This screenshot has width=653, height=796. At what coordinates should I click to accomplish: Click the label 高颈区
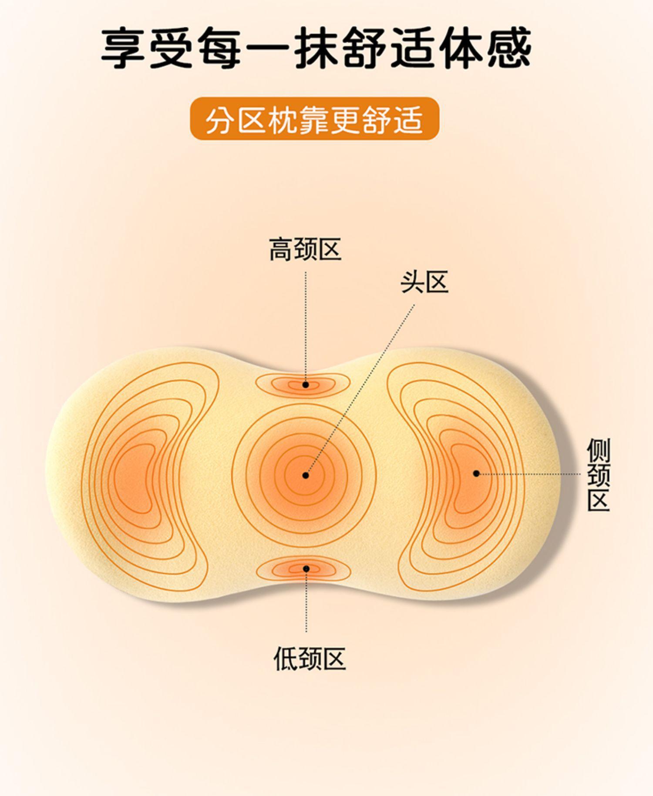305,249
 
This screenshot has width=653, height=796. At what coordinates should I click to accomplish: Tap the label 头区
424,282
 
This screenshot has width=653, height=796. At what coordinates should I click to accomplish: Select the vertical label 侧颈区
599,474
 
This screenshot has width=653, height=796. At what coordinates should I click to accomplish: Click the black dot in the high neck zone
306,385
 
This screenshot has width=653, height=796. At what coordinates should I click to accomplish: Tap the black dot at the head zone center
306,475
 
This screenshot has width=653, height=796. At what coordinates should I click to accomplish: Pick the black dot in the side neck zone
476,473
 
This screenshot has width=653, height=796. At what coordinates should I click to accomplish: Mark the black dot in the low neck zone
306,569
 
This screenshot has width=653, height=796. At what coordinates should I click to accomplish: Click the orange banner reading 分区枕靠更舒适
314,119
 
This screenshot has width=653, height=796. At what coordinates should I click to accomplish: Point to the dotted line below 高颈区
306,326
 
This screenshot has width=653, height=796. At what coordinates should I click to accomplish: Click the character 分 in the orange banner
219,119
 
